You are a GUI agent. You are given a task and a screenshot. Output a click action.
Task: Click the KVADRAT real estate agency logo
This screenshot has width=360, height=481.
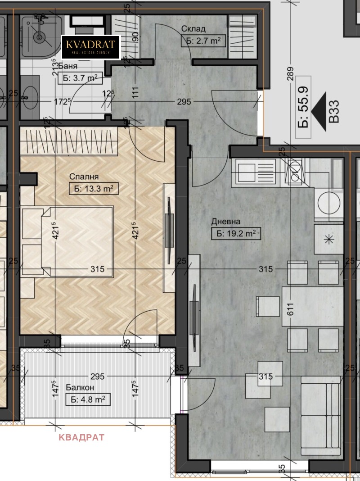coord(91,47)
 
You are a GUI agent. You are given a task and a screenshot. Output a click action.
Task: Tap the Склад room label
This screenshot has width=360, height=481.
coord(193,29)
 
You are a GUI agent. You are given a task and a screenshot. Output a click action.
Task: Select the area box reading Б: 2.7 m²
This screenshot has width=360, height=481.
coord(203,41)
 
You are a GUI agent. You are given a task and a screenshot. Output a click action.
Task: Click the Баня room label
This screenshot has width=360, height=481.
coord(67,66)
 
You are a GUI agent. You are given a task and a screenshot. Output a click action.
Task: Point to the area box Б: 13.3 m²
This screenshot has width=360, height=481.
coord(94,188)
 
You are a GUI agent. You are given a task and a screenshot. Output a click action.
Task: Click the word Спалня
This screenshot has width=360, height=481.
coord(84,177)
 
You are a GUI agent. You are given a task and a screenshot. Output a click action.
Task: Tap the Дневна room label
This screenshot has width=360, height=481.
coord(226,222)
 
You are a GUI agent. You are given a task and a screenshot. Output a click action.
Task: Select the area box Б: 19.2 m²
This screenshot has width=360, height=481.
coord(236,233)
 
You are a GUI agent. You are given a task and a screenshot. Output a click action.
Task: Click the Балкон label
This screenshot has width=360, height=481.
coord(80,387)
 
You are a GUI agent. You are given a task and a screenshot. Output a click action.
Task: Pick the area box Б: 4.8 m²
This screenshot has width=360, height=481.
coord(88,400)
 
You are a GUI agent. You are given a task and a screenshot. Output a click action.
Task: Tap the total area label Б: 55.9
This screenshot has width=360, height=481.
coord(303,107)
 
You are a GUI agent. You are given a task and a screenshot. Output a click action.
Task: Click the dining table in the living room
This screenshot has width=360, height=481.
coord(312,306)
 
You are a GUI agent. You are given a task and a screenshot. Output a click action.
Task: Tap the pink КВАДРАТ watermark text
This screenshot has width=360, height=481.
coord(81,437)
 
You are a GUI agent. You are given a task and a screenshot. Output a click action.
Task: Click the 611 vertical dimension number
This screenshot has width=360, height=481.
coord(290,309)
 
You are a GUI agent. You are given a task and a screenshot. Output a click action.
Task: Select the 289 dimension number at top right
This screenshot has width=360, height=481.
coord(290,74)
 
